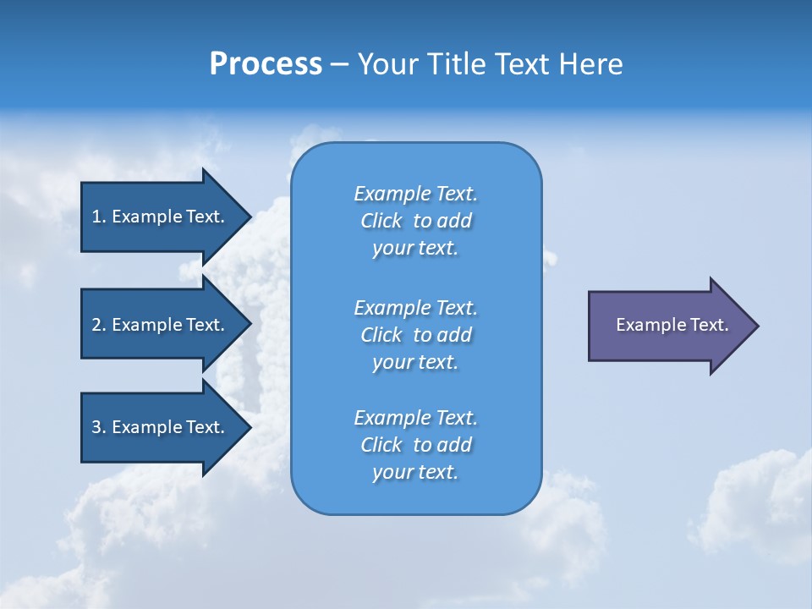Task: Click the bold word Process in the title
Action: pos(266,64)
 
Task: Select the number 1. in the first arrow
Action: pos(98,217)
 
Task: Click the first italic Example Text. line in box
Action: pos(415,194)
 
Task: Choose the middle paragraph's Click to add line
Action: pos(415,335)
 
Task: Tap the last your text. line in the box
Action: pos(415,473)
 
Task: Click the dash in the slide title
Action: pos(340,64)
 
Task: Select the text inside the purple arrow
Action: pos(672,325)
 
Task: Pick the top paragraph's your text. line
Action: pos(415,249)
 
